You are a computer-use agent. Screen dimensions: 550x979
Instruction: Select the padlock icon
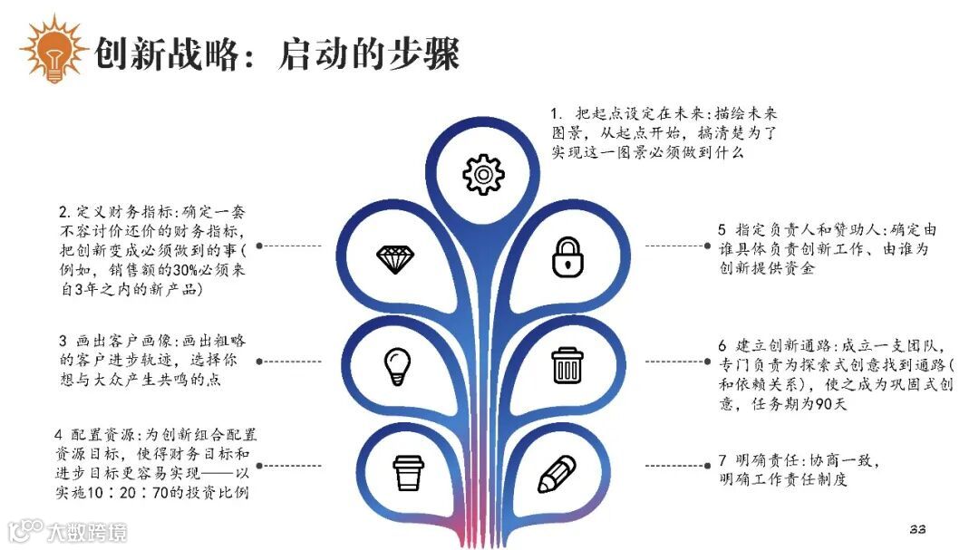tap(567, 256)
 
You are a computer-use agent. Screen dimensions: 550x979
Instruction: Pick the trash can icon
tap(567, 365)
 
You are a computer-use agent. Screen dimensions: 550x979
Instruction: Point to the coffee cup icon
tap(408, 472)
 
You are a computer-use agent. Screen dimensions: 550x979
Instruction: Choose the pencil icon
tap(556, 474)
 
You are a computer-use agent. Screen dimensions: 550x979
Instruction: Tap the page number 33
tap(916, 529)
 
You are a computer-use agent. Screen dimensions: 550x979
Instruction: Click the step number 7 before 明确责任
tap(721, 462)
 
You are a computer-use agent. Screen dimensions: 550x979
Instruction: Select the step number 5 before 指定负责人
tap(721, 230)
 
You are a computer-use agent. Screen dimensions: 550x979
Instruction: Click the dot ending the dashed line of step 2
tap(259, 245)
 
